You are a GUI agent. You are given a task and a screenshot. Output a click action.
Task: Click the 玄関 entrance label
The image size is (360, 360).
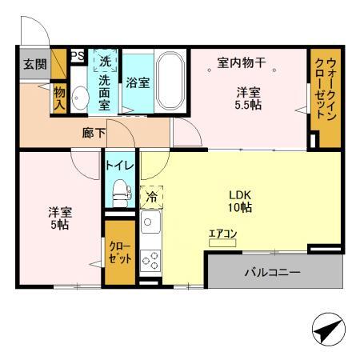pos(34,64)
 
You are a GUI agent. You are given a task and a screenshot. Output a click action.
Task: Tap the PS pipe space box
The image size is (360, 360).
pos(78,56)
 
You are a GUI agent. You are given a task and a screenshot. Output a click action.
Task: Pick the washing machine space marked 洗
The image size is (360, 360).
pos(105,61)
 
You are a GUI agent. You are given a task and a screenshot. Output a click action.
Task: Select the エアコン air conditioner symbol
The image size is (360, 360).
pos(222,239)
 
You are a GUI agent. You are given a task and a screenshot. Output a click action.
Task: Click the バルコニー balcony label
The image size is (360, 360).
pos(273,273)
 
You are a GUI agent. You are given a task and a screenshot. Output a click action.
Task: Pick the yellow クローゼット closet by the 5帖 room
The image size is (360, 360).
pos(119,255)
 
